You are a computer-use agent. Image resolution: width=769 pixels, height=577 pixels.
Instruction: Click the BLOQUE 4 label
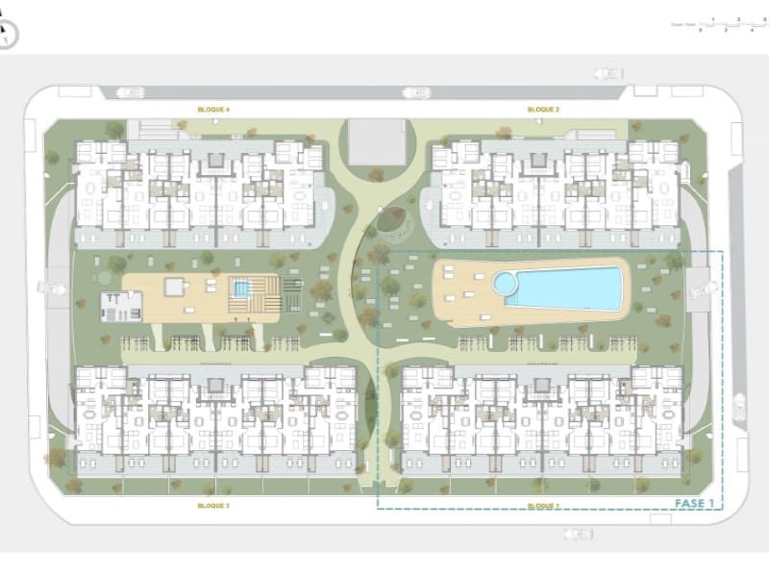pyautogui.click(x=213, y=111)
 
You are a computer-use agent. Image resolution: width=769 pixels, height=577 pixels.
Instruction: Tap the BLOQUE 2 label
pyautogui.click(x=543, y=111)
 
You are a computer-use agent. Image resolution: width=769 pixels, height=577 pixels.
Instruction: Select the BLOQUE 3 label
pyautogui.click(x=213, y=505)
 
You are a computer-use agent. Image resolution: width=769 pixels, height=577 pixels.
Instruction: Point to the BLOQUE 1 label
pyautogui.click(x=543, y=505)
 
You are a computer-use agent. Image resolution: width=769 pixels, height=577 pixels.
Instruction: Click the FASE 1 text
pyautogui.click(x=694, y=503)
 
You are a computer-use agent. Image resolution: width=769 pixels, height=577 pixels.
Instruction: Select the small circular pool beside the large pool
pyautogui.click(x=504, y=283)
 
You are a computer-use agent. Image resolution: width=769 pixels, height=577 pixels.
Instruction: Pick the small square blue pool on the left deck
pyautogui.click(x=241, y=288)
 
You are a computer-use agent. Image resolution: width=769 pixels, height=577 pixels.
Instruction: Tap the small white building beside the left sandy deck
pyautogui.click(x=120, y=306)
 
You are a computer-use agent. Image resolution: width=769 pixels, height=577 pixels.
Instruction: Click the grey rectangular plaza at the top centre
pyautogui.click(x=375, y=141)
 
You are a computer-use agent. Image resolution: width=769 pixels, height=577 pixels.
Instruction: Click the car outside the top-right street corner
pyautogui.click(x=608, y=72)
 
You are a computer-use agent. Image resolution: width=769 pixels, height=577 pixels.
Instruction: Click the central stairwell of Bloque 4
pyautogui.click(x=216, y=158)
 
